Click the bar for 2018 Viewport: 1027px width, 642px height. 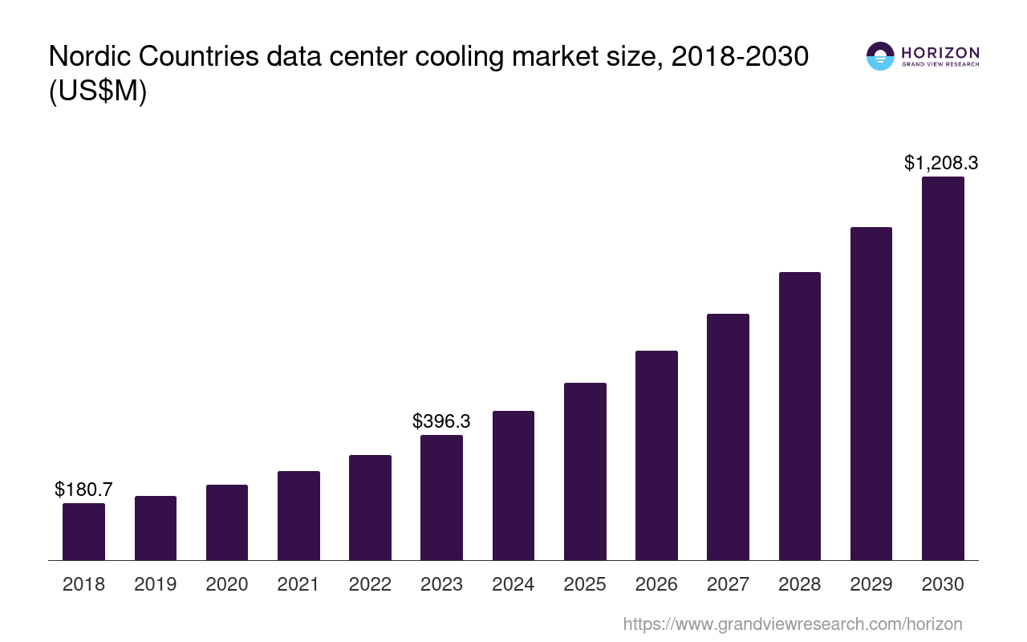83,531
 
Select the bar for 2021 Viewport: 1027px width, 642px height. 298,515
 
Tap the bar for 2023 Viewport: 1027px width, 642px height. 441,498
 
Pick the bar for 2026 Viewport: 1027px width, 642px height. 656,455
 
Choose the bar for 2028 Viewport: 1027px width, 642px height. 799,416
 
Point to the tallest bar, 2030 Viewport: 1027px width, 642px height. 943,368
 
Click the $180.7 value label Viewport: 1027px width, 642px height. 83,489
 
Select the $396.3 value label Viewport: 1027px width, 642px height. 441,421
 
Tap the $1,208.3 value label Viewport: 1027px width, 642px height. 941,163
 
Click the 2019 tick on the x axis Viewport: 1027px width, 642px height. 156,584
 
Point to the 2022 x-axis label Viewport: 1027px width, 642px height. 370,584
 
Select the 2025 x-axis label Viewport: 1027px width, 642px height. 585,584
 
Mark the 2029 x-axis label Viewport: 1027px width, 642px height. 871,584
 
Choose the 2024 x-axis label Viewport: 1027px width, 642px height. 513,584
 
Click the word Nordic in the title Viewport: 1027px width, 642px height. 87,57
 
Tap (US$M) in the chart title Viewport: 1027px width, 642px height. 98,91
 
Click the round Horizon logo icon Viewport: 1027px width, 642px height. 880,56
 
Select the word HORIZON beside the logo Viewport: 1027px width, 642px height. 940,53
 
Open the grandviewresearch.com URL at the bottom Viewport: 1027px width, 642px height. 792,624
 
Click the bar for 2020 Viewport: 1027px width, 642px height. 227,522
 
